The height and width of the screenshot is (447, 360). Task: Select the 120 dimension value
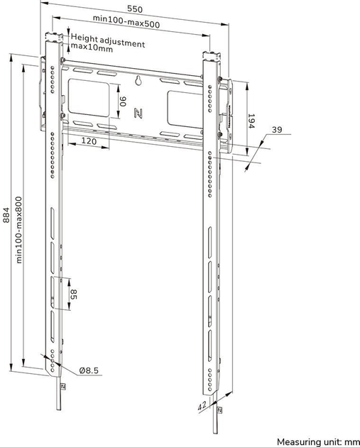click(x=88, y=141)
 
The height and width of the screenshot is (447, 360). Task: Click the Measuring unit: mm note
click(x=317, y=440)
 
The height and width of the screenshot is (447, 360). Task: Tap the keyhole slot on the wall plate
click(x=138, y=82)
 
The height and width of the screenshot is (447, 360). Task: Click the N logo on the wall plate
click(x=138, y=111)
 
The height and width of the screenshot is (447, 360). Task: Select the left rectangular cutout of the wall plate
click(x=87, y=101)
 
